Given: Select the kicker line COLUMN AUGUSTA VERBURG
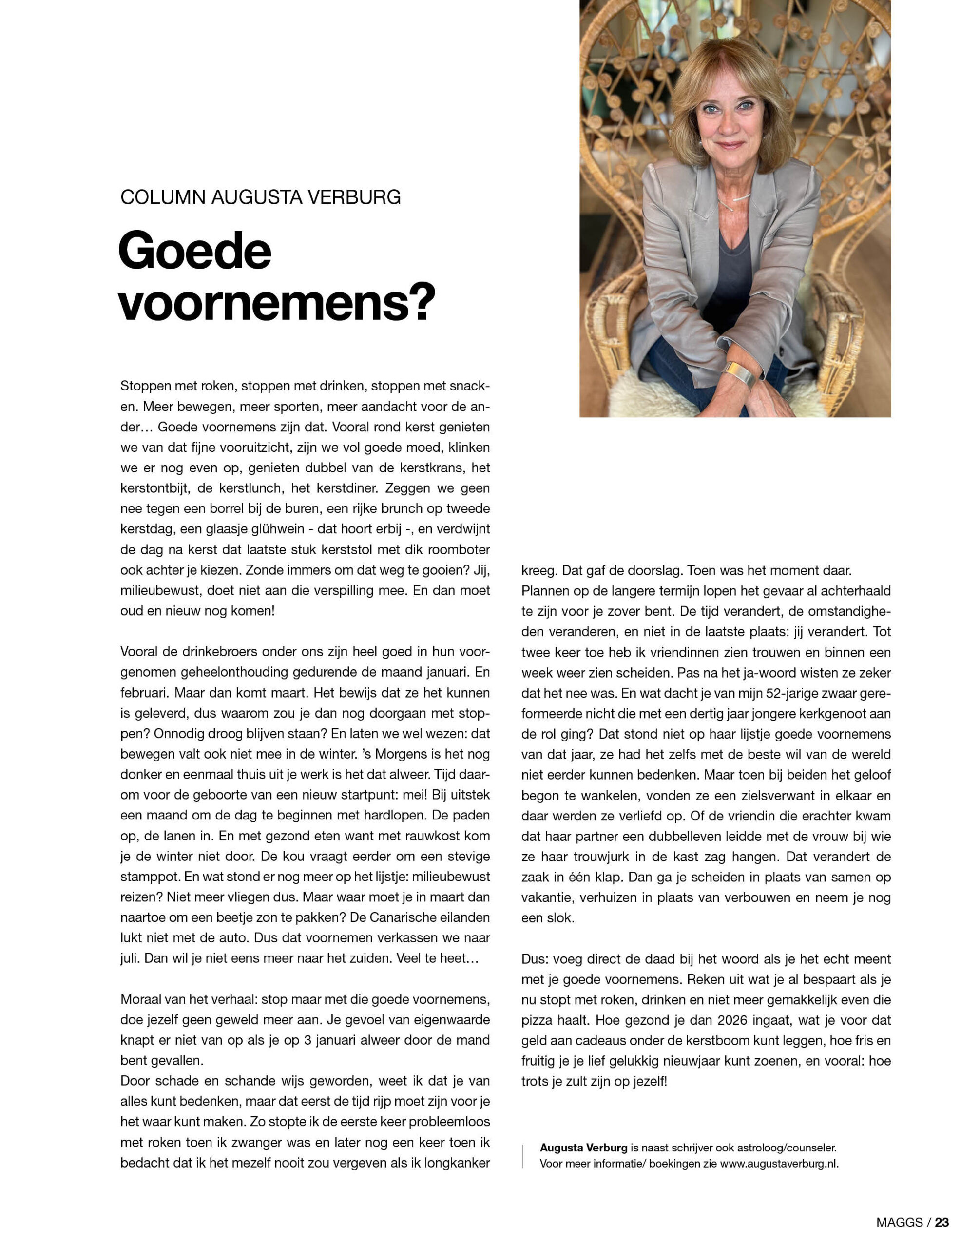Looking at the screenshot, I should (261, 197).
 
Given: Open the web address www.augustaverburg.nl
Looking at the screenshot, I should (779, 1164).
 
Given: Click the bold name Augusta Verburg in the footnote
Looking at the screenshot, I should (583, 1148).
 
